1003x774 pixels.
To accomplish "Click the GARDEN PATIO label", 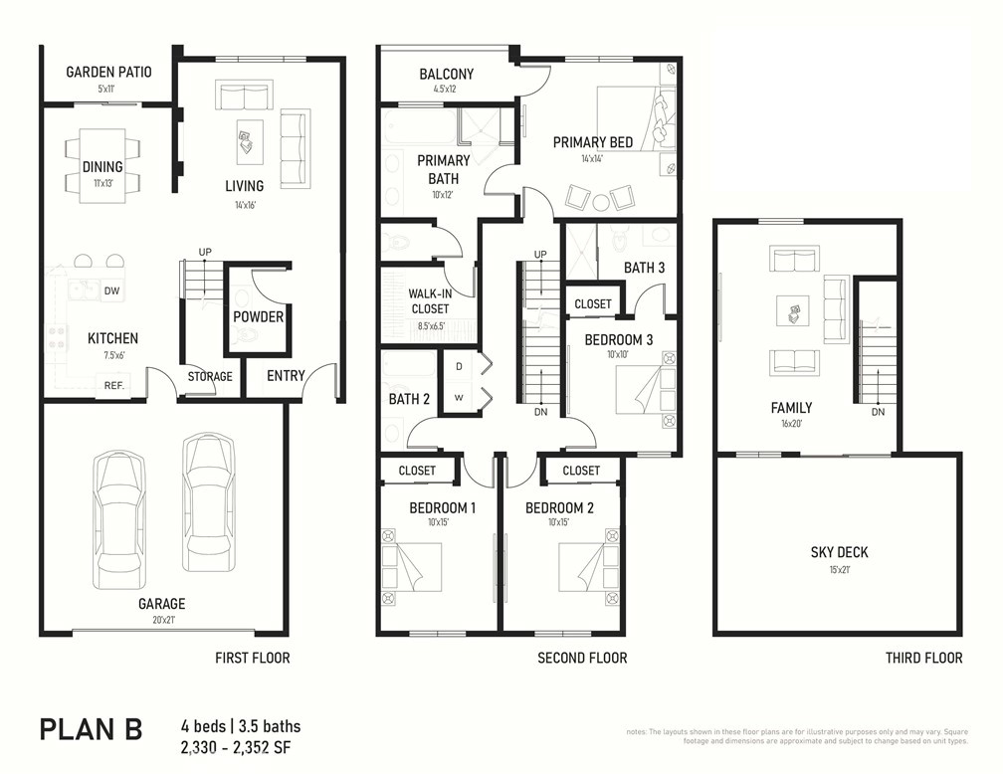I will [x=108, y=72].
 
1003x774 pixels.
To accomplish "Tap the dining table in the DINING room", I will [x=103, y=165].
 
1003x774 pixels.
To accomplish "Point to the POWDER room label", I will [x=259, y=317].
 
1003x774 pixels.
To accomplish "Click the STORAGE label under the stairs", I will [x=210, y=376].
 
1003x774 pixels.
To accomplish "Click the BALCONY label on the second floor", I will [x=446, y=75].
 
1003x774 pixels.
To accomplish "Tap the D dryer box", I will [x=459, y=367].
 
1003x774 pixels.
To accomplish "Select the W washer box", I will [x=459, y=398].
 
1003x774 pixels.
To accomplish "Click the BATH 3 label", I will [x=645, y=268].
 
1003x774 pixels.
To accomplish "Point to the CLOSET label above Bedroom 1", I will [x=417, y=471].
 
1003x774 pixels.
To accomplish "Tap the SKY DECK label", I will [x=839, y=552].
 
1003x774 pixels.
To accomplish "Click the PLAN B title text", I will [x=91, y=729].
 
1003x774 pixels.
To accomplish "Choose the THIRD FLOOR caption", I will [x=923, y=658].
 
